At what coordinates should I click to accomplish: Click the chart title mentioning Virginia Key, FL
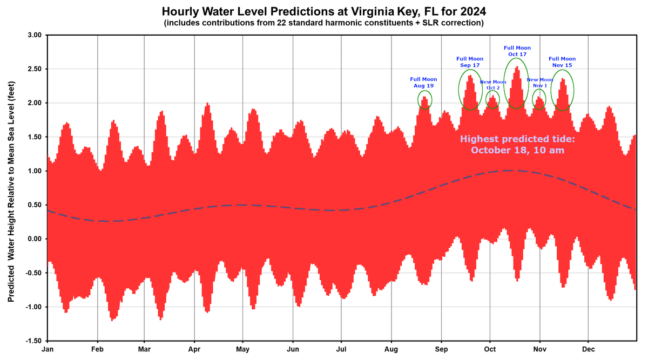tap(323, 11)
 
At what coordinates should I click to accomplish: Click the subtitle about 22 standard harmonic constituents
tap(323, 23)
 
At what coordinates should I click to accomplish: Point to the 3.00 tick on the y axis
tap(34, 35)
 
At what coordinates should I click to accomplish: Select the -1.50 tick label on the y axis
tap(33, 341)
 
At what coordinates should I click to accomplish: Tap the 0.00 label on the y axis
tap(34, 239)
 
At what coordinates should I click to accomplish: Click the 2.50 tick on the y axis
tap(34, 69)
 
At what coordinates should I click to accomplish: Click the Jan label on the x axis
tap(48, 349)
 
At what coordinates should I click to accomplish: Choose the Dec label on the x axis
tap(589, 349)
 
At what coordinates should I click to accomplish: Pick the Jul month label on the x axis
tap(341, 349)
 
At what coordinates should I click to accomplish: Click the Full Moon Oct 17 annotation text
tap(517, 51)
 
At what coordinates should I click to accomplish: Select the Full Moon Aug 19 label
tap(424, 82)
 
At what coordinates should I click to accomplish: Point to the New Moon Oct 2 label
tap(493, 84)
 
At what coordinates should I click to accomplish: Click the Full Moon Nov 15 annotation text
tap(562, 62)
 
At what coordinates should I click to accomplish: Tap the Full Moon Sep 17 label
tap(470, 62)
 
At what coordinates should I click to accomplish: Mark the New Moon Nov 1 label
tap(539, 82)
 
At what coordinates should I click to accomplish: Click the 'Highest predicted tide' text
tap(517, 144)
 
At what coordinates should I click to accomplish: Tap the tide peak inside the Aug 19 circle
tap(424, 98)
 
